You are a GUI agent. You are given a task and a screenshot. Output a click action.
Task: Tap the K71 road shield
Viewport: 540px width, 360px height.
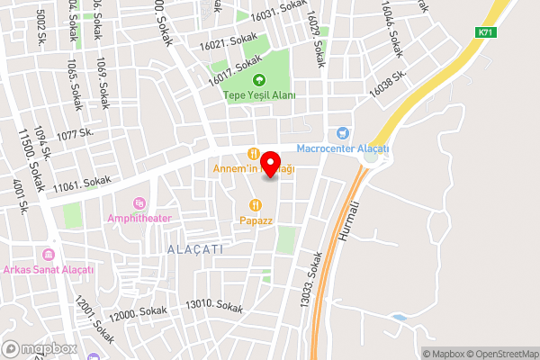(x=486, y=31)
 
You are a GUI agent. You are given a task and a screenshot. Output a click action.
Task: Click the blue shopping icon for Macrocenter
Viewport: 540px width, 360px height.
(x=341, y=132)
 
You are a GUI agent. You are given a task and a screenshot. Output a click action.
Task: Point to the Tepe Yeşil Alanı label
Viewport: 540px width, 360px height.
(x=259, y=95)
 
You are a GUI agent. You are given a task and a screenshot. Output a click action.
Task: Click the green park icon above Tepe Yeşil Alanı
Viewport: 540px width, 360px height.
(x=259, y=80)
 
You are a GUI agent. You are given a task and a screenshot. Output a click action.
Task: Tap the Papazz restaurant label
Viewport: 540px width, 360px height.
(x=256, y=220)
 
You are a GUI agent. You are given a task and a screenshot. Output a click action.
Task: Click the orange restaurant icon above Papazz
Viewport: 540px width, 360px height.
(x=256, y=204)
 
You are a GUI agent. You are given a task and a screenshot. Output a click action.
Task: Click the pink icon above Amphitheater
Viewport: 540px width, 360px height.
(x=138, y=202)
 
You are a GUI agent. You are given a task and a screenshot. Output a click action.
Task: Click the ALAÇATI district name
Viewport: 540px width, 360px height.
(x=195, y=247)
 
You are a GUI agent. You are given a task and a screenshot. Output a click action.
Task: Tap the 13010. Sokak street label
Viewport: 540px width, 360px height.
(x=214, y=306)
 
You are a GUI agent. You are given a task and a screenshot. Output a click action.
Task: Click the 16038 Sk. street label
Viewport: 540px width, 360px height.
(x=388, y=84)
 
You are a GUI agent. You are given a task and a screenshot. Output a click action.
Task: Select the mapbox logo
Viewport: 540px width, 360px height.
(x=38, y=348)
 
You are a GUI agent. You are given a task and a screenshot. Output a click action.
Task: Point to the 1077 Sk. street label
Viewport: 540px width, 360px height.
(x=76, y=135)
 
